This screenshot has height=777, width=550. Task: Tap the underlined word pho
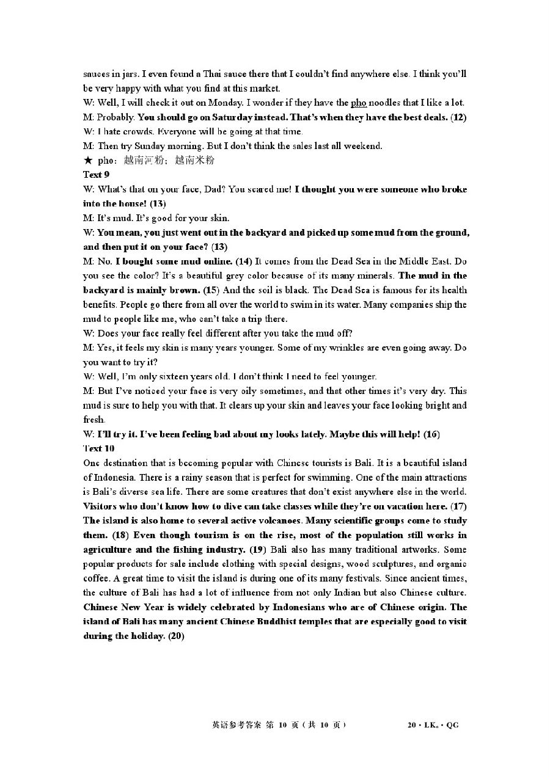[x=358, y=103]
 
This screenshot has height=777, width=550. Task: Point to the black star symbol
[x=88, y=161]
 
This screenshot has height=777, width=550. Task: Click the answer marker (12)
[x=458, y=117]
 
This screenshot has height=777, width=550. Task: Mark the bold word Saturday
[x=224, y=117]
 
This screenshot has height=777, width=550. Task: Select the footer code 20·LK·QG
[x=433, y=726]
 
